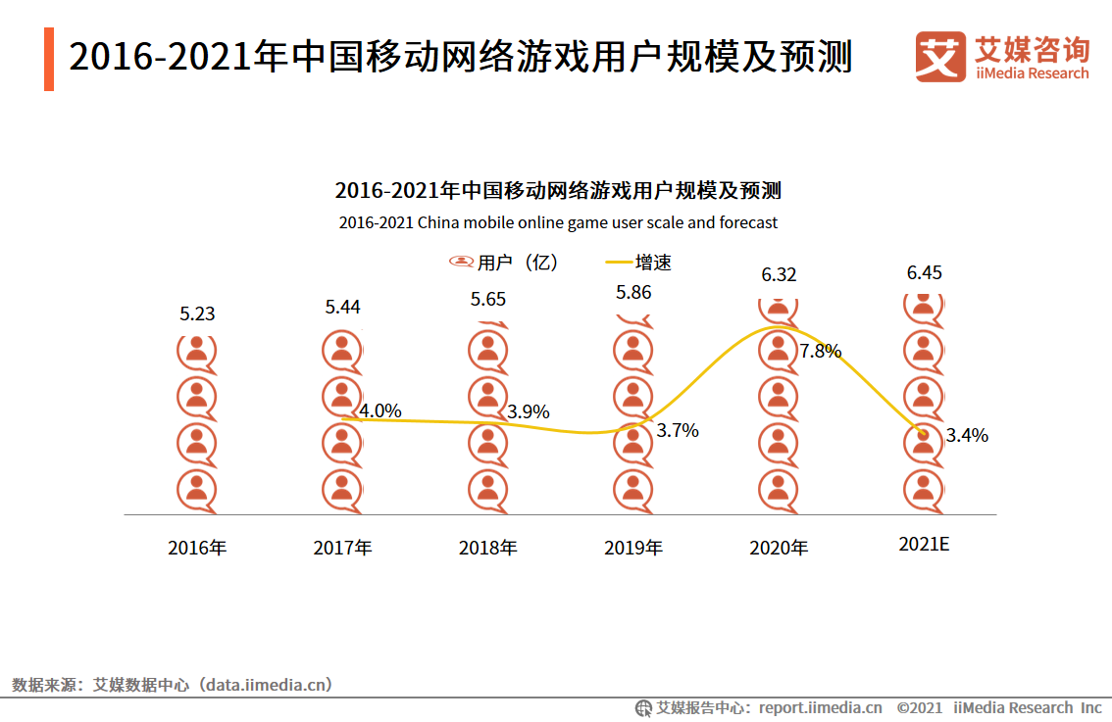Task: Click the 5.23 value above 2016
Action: [197, 314]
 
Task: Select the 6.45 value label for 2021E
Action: [924, 272]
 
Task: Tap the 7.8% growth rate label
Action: [821, 351]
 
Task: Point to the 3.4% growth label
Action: [967, 436]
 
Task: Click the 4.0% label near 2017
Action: [380, 411]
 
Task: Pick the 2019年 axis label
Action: [633, 548]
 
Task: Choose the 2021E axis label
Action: [924, 545]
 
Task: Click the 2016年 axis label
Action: [197, 548]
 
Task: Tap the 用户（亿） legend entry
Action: [504, 263]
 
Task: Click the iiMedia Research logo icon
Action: [939, 56]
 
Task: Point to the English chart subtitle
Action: [558, 222]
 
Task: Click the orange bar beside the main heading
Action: [49, 59]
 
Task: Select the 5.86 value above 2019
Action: [633, 292]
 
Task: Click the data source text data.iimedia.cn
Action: [267, 685]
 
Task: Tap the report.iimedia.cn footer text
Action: [820, 707]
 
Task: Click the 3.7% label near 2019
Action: [678, 431]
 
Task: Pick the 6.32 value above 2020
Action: [779, 274]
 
